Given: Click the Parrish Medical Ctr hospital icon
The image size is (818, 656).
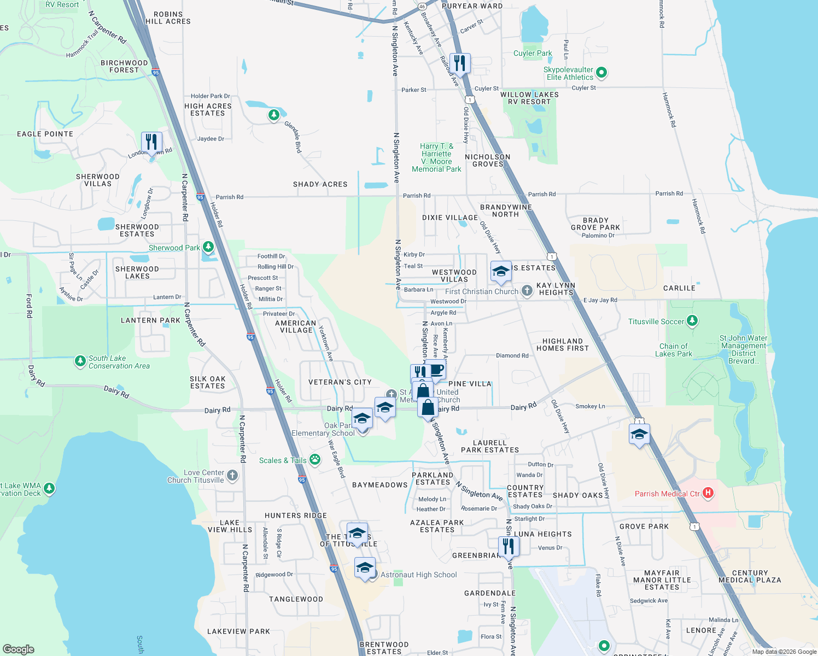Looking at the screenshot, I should (x=708, y=493).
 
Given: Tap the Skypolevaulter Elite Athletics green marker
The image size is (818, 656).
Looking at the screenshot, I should (x=601, y=72).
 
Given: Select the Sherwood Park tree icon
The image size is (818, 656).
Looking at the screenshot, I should (x=208, y=247).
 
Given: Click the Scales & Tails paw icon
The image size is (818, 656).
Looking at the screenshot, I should (x=315, y=459).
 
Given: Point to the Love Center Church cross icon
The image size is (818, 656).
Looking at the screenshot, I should (x=232, y=476).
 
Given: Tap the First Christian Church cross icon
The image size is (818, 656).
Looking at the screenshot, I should (x=527, y=291).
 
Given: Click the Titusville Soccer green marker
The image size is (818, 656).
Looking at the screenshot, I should (x=692, y=321).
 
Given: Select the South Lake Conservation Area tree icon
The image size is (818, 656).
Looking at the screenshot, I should (x=80, y=361).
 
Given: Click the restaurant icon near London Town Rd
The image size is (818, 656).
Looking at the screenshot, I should (x=151, y=142).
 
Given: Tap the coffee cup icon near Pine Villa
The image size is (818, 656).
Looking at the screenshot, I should (x=436, y=370).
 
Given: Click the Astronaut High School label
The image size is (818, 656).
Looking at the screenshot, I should (x=418, y=575).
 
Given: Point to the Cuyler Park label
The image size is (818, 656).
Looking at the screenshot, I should (x=533, y=53).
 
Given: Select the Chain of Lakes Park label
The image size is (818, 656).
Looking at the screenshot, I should (x=674, y=350).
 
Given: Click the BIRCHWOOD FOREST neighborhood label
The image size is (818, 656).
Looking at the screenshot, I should (x=124, y=66).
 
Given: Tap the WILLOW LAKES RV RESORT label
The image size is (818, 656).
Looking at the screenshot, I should (x=529, y=98).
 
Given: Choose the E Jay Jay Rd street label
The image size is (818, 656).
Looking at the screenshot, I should (x=600, y=300).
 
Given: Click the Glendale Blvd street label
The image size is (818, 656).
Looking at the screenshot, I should (x=293, y=137).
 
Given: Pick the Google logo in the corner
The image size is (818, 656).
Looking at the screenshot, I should (x=18, y=649).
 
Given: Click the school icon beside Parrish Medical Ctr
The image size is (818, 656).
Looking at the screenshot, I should (x=639, y=435).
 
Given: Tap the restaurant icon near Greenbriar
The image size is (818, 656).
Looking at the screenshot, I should (x=509, y=546).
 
